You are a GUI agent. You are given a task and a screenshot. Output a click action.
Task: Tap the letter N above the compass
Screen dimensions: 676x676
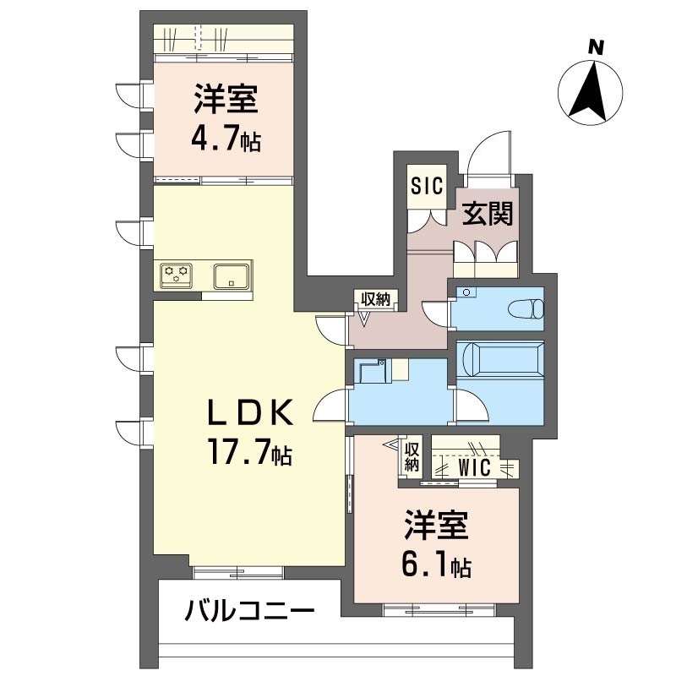[x=596, y=47]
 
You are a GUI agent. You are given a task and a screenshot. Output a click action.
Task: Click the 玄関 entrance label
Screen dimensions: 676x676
[x=488, y=214]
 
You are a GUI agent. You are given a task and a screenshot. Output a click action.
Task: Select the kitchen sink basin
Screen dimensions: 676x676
[x=230, y=275]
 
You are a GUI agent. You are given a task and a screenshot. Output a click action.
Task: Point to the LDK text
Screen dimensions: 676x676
[x=251, y=414]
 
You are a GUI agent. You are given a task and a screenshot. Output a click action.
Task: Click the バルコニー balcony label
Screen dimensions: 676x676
[x=250, y=610]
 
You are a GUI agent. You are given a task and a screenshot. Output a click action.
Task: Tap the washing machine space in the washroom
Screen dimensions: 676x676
[x=372, y=373]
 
